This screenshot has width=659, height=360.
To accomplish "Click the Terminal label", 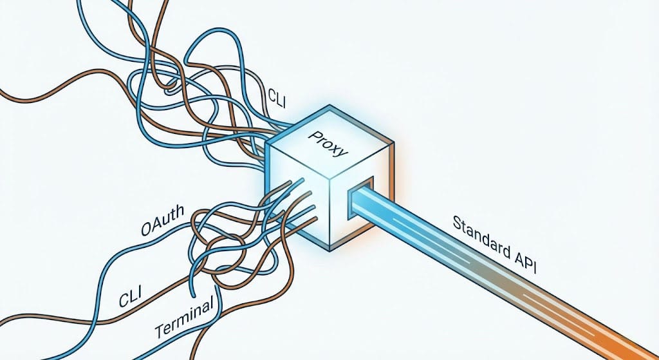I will [184, 321].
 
